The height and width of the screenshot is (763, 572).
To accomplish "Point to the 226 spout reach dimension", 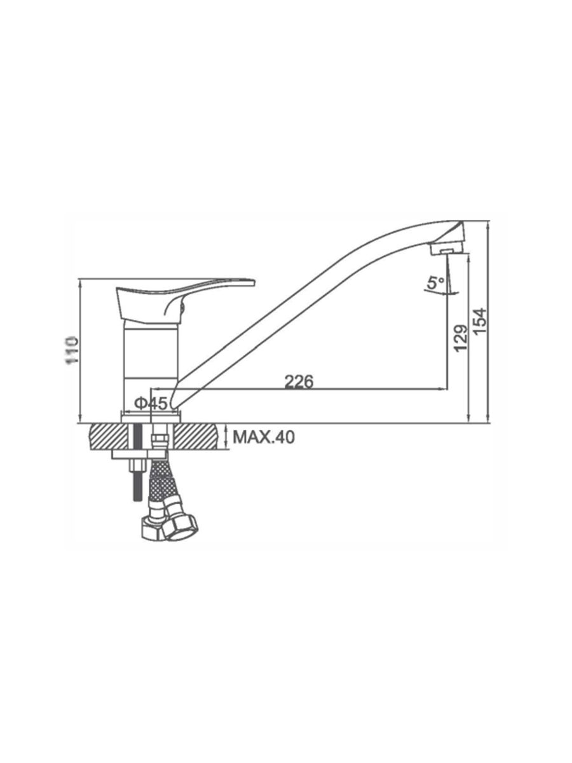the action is point(299,381).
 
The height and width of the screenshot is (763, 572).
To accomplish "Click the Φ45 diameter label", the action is point(152,403).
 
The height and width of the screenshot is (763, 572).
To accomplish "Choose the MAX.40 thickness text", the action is point(264,437).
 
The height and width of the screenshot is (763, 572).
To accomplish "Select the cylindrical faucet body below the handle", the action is point(151,365).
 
